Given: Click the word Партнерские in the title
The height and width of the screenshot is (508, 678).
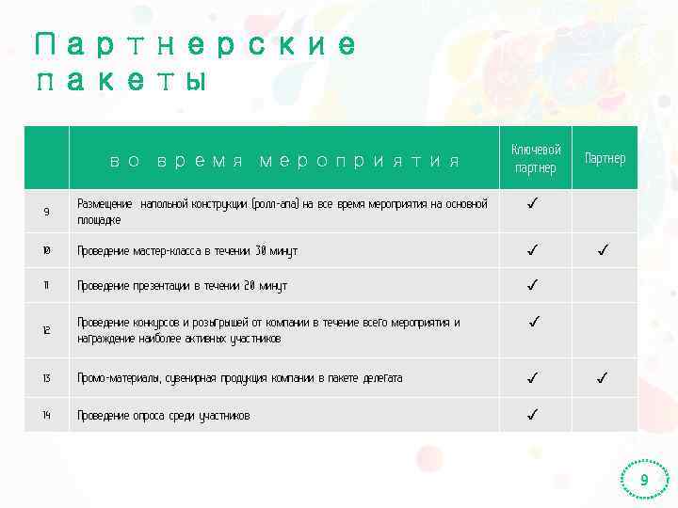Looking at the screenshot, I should pos(196,45).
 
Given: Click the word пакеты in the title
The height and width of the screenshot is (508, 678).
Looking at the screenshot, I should pos(120,82).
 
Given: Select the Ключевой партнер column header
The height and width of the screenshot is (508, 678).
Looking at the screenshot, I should pos(536,159).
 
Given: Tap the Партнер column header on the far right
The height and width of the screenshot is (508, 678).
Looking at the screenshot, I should pos(605,158).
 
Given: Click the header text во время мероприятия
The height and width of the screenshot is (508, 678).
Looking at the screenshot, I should pos(284,161).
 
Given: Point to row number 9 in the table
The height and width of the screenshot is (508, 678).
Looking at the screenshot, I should pos(46,212).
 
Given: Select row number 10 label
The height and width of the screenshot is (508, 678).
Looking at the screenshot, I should pos(46,251).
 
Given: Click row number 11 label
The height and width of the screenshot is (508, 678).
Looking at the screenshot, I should pos(46,285).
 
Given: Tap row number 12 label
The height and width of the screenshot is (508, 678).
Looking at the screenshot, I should pos(46,330).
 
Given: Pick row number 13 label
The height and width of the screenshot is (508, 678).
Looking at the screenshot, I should pos(46,378).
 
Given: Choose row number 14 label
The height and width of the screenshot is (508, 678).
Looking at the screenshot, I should pos(46,415).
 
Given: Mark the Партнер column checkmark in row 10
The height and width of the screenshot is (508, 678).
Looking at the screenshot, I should pos(603,250).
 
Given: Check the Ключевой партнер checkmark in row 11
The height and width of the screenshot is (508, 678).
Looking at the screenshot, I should pos(533,284).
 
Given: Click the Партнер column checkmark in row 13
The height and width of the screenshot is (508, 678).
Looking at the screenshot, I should pos(603,378).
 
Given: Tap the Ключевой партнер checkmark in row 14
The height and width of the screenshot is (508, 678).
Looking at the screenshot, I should pos(533,414).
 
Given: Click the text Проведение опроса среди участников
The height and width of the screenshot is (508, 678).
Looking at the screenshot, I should pos(164,416).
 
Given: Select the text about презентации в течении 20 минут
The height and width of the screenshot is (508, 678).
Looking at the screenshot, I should pos(182,286).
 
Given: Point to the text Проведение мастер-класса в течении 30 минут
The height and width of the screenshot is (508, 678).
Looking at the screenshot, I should pos(187,251).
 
